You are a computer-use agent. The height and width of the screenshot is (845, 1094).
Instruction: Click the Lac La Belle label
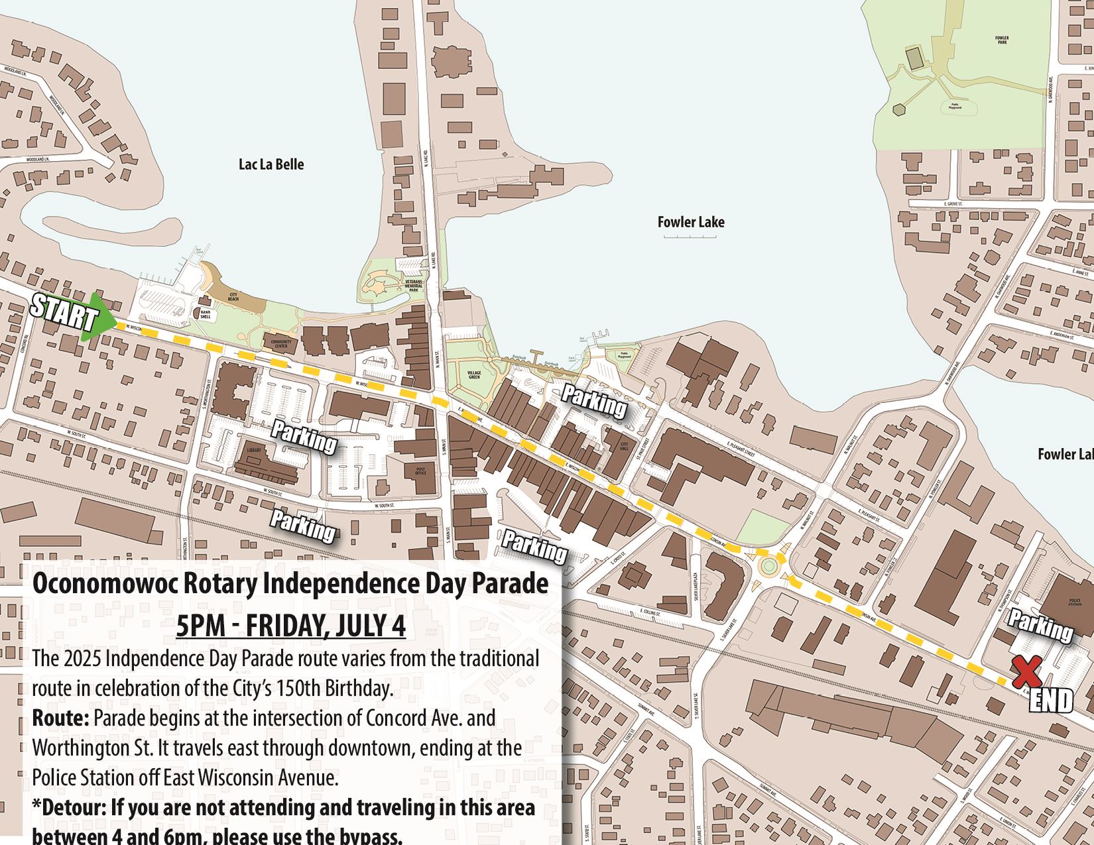tap(271, 164)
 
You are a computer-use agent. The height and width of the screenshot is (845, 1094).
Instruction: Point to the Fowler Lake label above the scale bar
tap(691, 222)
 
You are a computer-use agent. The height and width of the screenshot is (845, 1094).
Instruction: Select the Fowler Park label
tap(1001, 40)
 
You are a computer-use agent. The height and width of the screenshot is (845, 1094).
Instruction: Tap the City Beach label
tap(233, 297)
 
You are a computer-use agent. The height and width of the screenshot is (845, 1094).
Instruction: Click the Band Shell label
tap(206, 315)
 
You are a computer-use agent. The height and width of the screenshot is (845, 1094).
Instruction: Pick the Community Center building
tap(281, 343)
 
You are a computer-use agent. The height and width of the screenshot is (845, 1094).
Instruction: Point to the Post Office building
tap(420, 472)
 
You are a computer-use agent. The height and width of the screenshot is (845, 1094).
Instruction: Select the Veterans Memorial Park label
tap(414, 286)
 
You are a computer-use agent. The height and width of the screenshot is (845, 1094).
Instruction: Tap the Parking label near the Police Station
tap(1040, 625)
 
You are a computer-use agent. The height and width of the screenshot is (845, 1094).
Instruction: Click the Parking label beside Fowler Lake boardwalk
tap(594, 400)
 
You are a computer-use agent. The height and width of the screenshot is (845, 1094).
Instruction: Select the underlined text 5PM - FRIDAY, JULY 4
tap(290, 625)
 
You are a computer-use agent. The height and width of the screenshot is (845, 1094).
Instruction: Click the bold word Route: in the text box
tap(60, 718)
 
